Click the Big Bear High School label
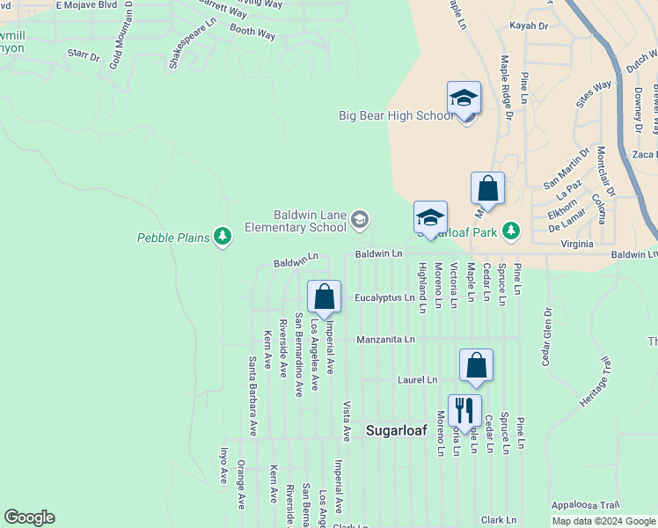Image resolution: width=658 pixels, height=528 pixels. click(395, 115)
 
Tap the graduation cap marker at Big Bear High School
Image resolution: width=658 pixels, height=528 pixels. click(464, 100)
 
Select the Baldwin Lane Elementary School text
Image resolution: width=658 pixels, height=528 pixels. click(308, 220)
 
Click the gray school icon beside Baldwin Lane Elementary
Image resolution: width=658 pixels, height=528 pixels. click(359, 219)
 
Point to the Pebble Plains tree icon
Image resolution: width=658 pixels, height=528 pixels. click(223, 236)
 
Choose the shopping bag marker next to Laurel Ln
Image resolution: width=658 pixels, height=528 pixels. click(476, 366)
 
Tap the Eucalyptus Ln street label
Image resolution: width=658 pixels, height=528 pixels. click(384, 297)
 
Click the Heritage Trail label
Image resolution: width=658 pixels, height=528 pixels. click(594, 381)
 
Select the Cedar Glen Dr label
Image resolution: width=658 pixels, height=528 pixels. click(547, 335)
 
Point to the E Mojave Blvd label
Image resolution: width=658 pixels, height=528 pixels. click(86, 5)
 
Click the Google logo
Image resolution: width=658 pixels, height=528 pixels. click(29, 517)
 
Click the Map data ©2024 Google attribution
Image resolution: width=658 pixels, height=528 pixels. click(603, 522)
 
